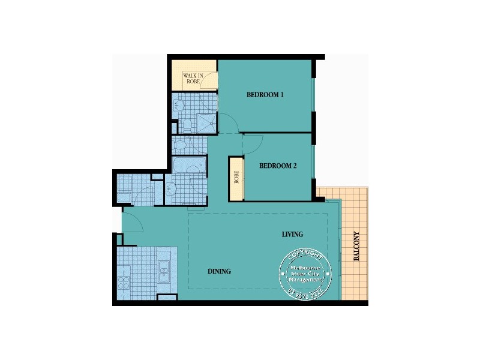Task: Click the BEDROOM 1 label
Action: [x=265, y=95]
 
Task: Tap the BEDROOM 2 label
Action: [x=278, y=166]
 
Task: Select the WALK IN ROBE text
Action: [x=194, y=79]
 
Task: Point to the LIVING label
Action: [x=292, y=234]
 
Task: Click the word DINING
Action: [x=219, y=271]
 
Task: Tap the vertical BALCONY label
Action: [x=356, y=246]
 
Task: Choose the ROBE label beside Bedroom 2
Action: [x=236, y=177]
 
